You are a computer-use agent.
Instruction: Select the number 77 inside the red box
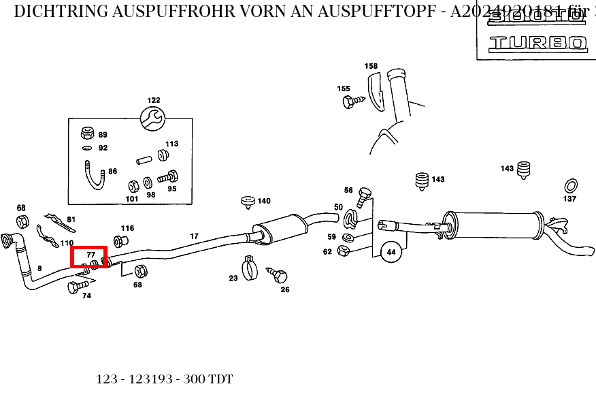90,254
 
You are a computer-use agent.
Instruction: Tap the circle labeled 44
391,252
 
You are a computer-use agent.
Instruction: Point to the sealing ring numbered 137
571,185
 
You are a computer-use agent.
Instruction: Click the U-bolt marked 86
94,175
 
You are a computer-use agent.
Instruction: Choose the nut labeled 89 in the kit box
87,132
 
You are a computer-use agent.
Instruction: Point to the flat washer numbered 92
87,148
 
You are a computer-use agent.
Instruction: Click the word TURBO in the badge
537,43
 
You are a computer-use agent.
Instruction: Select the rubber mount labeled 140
247,201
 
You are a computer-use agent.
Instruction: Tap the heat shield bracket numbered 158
375,92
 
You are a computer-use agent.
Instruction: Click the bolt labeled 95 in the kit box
167,178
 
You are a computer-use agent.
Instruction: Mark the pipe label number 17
194,236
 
